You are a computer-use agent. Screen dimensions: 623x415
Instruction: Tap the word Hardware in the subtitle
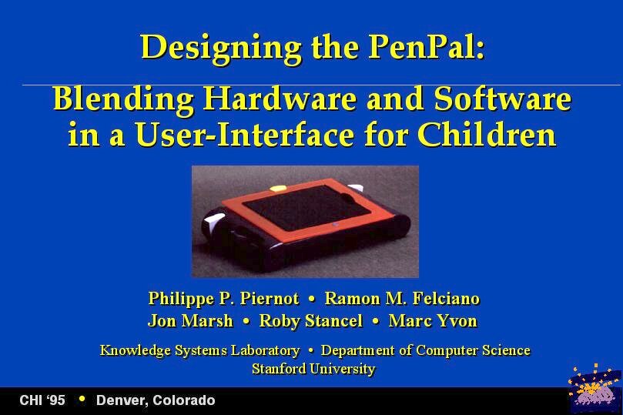280,99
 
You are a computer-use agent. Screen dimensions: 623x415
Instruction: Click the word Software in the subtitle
503,99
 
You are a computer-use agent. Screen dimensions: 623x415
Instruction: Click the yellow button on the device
278,188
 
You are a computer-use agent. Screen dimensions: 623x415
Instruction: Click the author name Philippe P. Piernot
223,299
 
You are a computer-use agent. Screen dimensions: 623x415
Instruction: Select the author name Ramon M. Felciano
402,298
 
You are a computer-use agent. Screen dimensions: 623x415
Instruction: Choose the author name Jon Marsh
190,320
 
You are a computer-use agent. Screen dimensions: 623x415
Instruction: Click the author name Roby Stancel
310,321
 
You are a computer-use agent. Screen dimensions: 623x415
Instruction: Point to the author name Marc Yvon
433,320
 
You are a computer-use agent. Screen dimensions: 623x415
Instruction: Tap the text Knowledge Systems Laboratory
200,350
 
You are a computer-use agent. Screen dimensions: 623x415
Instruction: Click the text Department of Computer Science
426,350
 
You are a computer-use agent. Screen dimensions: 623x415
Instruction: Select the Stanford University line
313,369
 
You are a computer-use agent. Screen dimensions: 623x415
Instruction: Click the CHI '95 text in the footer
42,400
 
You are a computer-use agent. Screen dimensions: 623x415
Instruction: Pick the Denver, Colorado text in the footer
156,400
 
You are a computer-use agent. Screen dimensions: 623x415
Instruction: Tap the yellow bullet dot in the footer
82,398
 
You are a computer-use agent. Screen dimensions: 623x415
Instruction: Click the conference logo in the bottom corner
595,387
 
